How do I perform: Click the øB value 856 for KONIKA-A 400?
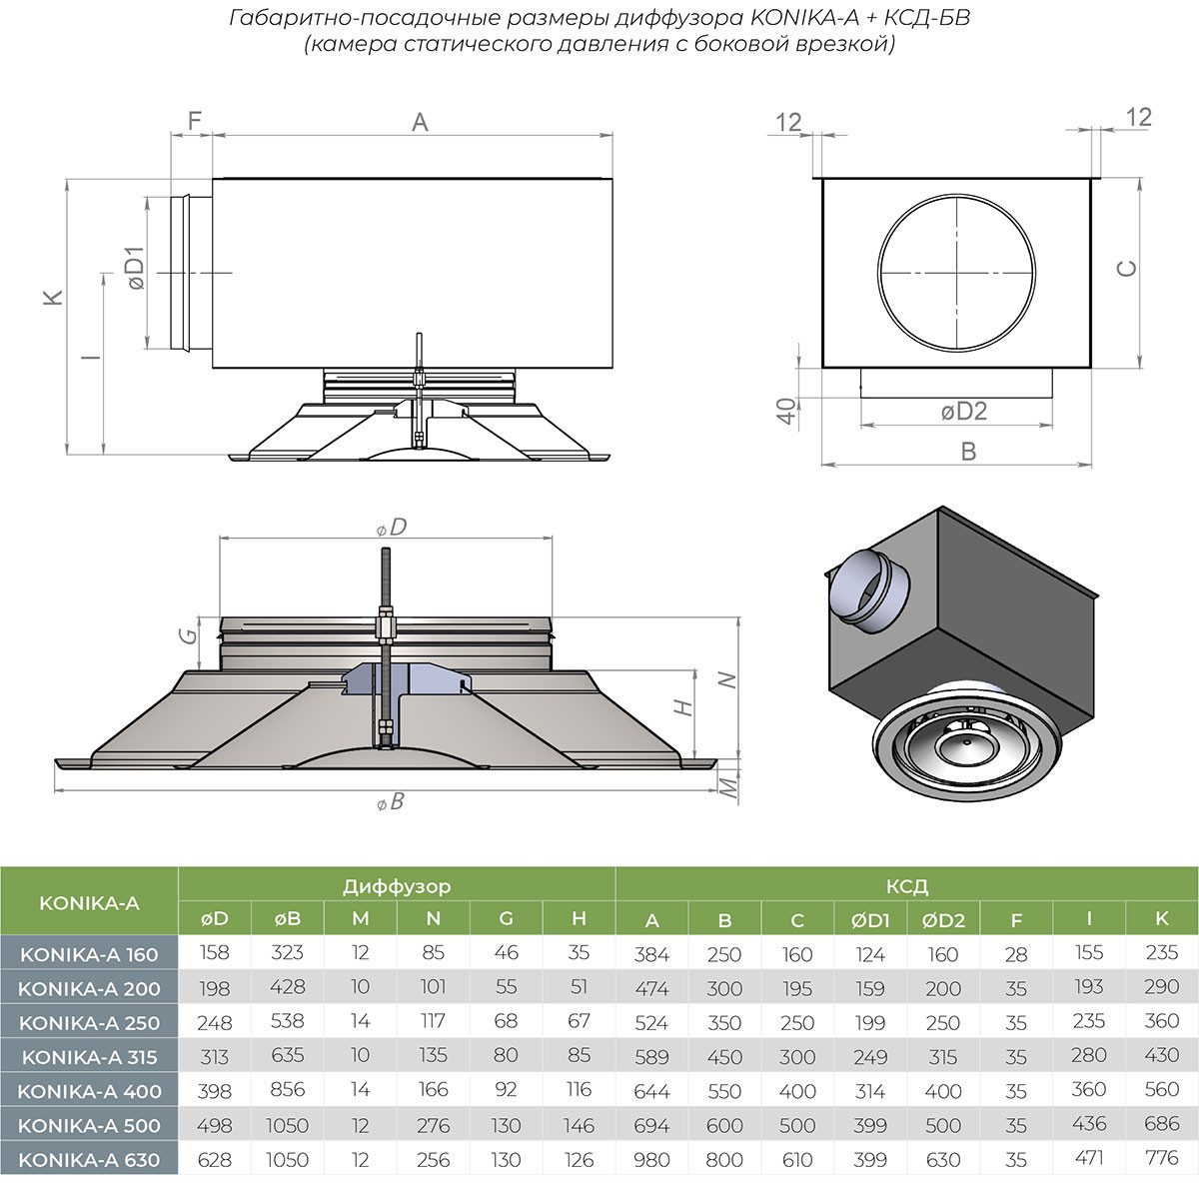pyautogui.click(x=288, y=1091)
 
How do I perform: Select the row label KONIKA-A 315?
pyautogui.click(x=89, y=1056)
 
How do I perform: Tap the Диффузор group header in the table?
pyautogui.click(x=397, y=886)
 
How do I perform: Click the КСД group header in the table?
pyautogui.click(x=906, y=886)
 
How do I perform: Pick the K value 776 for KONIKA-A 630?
pyautogui.click(x=1162, y=1159)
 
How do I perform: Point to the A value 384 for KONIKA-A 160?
pyautogui.click(x=651, y=954)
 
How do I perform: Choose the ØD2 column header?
pyautogui.click(x=943, y=920)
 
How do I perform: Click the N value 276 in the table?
pyautogui.click(x=433, y=1125)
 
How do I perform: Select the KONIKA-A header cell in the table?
pyautogui.click(x=89, y=903)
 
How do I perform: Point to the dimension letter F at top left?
pyautogui.click(x=195, y=121)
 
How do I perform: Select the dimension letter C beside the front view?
pyautogui.click(x=1126, y=268)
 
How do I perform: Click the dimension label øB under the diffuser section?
pyautogui.click(x=390, y=801)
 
